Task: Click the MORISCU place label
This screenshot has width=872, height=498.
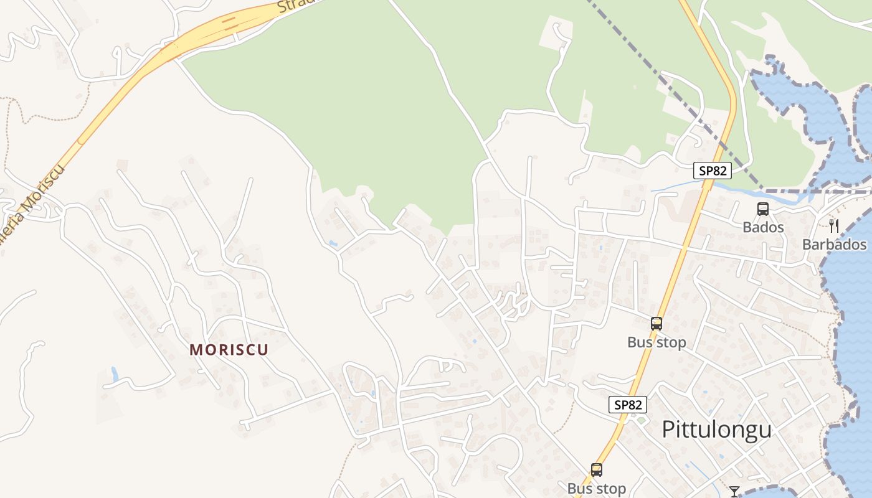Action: pos(229,350)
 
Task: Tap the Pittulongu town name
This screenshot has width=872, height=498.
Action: pos(716,430)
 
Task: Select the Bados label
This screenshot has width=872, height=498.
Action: pos(763,227)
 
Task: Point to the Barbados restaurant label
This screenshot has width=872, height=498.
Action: pos(834,244)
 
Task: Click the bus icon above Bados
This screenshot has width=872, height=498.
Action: pos(763,209)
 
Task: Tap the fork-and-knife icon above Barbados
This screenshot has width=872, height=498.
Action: pos(834,225)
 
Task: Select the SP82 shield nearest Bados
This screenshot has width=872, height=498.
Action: pos(713,171)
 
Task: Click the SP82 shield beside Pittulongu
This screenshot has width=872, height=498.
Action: pos(628,405)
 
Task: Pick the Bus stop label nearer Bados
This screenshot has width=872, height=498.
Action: pos(656,342)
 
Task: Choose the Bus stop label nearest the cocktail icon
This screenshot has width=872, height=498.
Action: pos(596,489)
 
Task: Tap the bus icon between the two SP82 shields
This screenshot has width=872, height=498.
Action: pos(656,324)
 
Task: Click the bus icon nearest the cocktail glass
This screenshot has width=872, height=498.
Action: pos(597,470)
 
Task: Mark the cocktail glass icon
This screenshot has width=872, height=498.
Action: pos(734,492)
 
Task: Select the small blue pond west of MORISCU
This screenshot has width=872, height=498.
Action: pos(115,374)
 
